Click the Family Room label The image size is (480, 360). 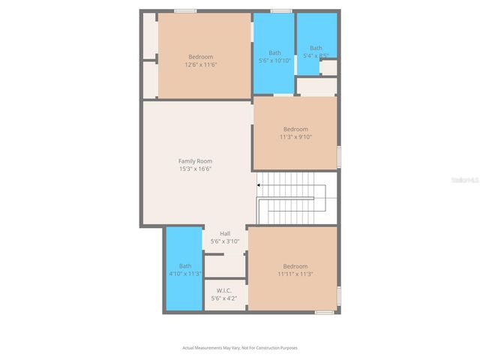click(x=195, y=161)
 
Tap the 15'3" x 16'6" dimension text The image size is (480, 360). click(x=195, y=169)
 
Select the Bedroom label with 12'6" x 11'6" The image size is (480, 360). click(x=200, y=57)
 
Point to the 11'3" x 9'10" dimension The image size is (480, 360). click(x=295, y=136)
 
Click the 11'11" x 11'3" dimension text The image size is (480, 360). click(x=295, y=274)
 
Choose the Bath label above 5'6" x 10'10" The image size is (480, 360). click(x=274, y=52)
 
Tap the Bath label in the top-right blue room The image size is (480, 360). click(x=316, y=48)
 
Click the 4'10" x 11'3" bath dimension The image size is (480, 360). click(x=184, y=274)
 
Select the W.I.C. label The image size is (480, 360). click(x=223, y=290)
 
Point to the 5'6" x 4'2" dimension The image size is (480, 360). click(x=223, y=298)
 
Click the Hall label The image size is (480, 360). click(x=225, y=233)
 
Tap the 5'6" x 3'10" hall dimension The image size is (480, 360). click(x=225, y=241)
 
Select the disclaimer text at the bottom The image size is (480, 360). click(x=240, y=347)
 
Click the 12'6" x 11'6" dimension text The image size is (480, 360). click(x=200, y=65)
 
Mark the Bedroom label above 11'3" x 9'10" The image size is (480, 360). click(x=295, y=129)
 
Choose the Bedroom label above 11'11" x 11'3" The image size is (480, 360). click(x=295, y=266)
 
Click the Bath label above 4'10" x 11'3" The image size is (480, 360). click(x=184, y=266)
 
